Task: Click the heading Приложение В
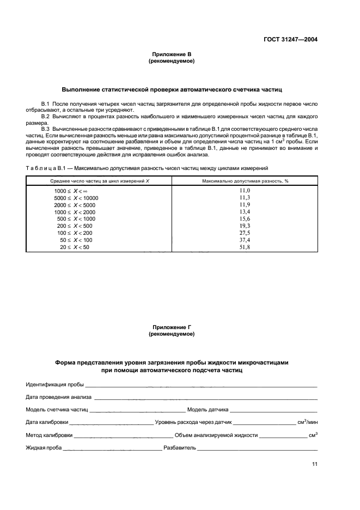pos(172,54)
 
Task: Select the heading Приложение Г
pos(172,327)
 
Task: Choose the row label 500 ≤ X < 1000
pos(75,218)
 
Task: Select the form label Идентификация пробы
pos(54,385)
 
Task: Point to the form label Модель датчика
pos(208,410)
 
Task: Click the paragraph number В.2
pos(46,117)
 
